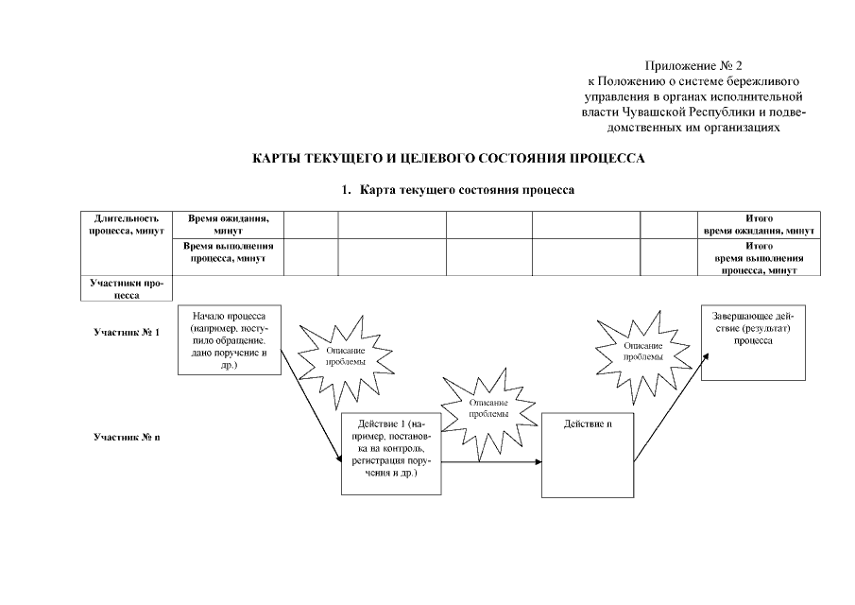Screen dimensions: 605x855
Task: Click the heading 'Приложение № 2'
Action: [693, 66]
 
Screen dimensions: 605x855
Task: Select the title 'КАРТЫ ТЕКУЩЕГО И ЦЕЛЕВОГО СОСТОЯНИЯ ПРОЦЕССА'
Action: [448, 159]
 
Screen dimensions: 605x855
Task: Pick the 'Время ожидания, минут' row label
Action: [229, 224]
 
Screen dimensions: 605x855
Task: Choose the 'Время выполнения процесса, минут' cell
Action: [229, 251]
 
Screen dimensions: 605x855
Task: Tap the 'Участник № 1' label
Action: [127, 333]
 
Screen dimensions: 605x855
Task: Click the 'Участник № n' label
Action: [127, 438]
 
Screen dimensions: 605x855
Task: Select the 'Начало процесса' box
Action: [231, 339]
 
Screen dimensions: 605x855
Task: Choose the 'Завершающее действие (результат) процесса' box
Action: [753, 341]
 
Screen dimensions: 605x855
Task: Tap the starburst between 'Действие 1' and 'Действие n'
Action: [487, 407]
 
